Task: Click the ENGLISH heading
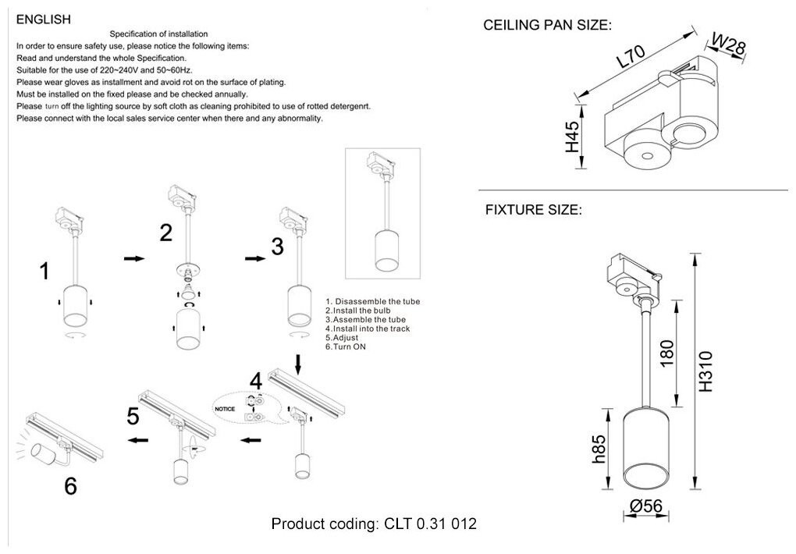44,19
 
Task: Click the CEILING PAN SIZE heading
547,25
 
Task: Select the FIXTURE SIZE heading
533,210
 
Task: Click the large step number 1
45,271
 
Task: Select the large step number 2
165,232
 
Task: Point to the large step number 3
277,247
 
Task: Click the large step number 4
255,382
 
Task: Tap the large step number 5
133,416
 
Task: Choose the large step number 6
70,486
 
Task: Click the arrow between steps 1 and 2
134,259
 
